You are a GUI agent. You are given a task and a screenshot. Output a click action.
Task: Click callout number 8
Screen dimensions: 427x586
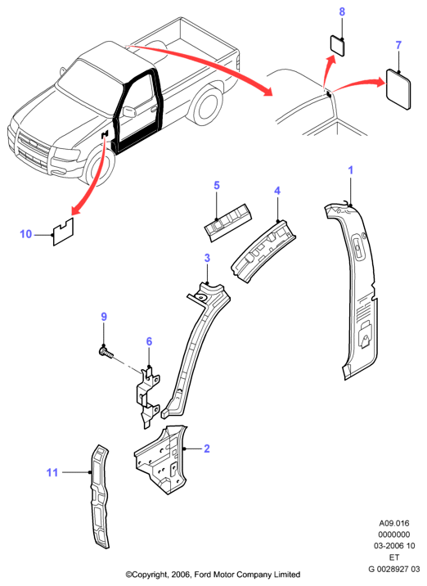tap(342, 12)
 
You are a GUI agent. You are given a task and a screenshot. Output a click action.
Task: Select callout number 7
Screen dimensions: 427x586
tap(398, 45)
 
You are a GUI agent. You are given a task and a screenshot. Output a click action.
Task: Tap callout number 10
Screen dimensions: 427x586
tap(26, 234)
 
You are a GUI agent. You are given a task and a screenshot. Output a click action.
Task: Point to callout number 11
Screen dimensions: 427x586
tap(52, 472)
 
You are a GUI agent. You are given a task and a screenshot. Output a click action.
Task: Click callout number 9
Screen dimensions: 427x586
tap(104, 317)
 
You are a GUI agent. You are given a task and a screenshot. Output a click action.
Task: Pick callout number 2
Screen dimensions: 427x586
tap(207, 449)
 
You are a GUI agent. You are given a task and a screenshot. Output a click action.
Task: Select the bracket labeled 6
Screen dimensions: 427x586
tap(148, 397)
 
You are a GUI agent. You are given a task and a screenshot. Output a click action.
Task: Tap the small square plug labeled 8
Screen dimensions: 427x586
tap(337, 46)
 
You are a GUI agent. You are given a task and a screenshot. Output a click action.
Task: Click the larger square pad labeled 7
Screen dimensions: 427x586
tap(398, 89)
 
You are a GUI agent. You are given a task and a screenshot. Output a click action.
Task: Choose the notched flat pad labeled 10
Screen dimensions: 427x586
tap(64, 232)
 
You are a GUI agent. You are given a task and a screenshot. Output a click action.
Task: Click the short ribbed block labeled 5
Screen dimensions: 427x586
tap(228, 223)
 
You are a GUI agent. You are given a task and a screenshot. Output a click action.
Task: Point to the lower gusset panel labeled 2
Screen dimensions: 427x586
tap(161, 459)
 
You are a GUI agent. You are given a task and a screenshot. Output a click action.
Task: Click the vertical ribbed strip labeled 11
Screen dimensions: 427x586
tap(100, 496)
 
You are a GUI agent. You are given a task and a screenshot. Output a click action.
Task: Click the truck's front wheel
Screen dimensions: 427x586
tap(100, 168)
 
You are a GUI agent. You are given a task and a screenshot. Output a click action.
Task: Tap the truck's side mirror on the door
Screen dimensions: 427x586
tap(129, 112)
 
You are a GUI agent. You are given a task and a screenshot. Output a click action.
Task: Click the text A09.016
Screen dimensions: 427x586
tap(394, 523)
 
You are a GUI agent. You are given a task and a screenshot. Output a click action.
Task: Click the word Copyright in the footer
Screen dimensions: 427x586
tap(148, 575)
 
